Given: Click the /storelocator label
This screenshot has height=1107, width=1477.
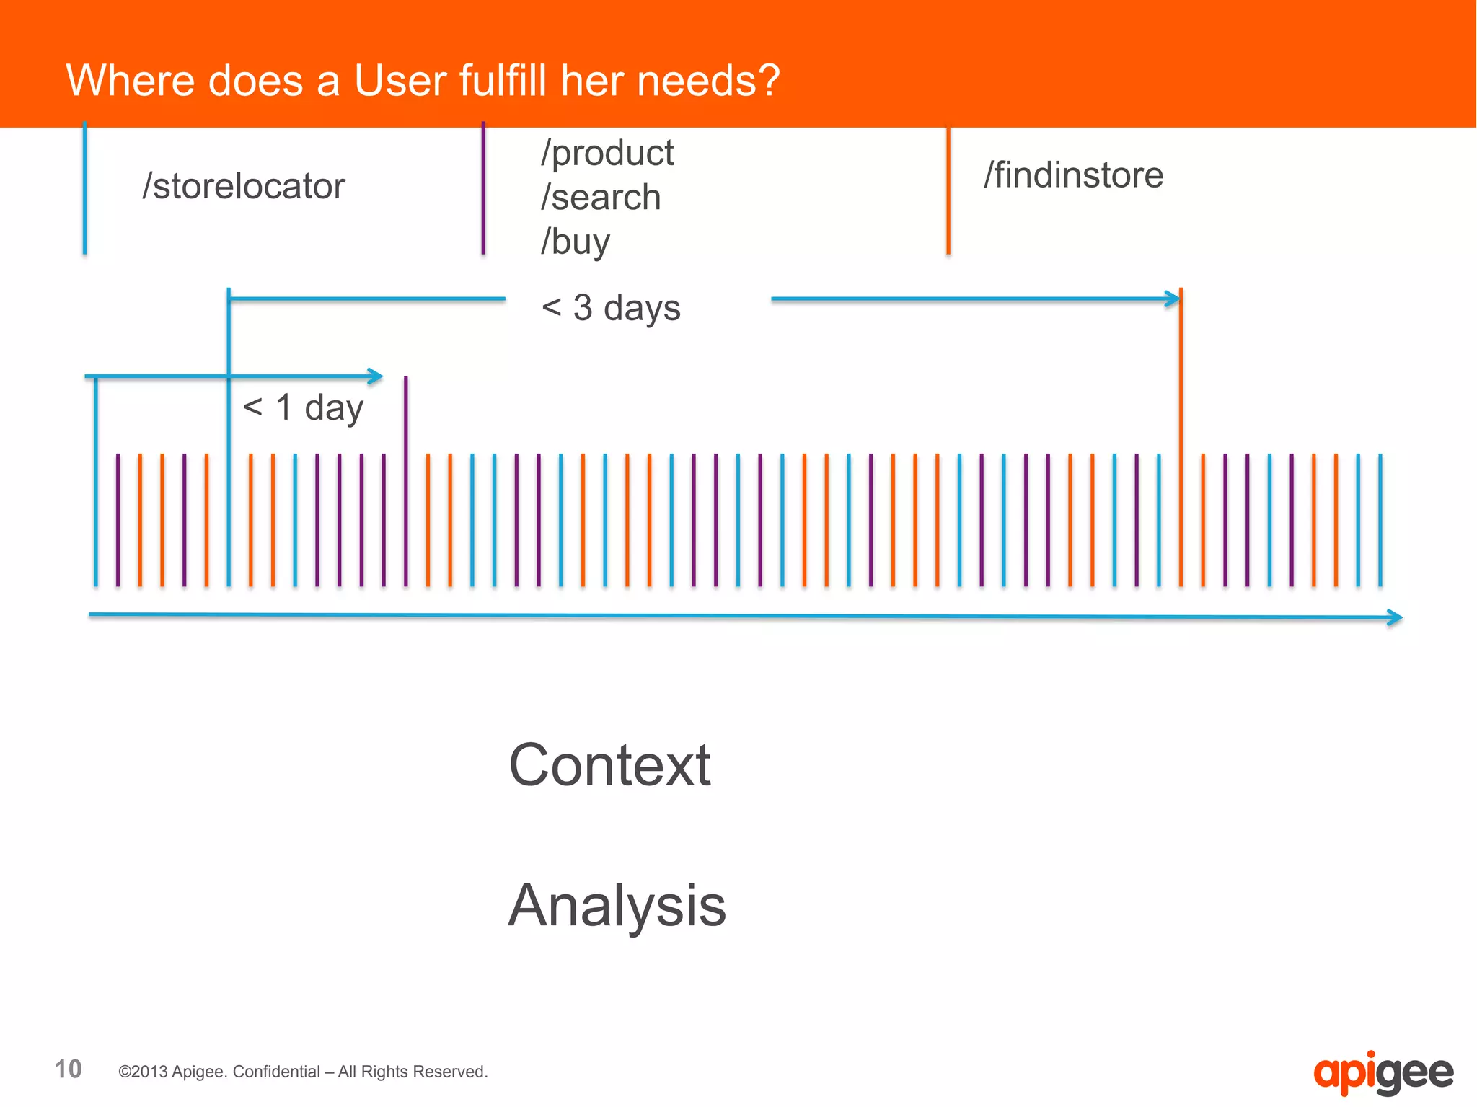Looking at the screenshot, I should (244, 186).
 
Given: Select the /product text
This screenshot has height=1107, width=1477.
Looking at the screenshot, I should (607, 154).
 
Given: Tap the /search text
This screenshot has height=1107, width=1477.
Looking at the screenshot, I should (601, 198).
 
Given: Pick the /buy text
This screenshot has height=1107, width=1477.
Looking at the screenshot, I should (576, 242).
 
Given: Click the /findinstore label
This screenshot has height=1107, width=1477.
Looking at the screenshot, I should (1073, 175).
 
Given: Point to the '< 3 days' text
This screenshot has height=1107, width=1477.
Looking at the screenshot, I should (611, 308).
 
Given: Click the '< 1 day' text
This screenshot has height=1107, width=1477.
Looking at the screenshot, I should (303, 407).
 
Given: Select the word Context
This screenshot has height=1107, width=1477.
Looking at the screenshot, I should (609, 765).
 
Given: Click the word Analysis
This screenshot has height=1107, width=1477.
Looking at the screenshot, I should (617, 906).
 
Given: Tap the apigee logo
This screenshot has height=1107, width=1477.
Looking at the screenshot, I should (1383, 1073).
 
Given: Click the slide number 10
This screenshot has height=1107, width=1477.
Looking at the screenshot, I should (69, 1069).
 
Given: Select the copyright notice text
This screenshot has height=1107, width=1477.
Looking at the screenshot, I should (303, 1072).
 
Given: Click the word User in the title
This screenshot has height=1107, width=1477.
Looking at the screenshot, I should (399, 80).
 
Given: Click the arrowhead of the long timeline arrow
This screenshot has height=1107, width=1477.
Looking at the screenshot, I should (1396, 617).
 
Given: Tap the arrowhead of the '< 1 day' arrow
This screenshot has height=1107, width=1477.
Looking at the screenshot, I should (376, 376).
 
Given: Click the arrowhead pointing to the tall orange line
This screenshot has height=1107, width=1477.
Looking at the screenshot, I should (1173, 299).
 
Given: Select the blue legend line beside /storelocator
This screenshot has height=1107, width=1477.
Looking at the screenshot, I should (85, 188).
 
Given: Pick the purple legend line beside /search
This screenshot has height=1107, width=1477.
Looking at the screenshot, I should (483, 188).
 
